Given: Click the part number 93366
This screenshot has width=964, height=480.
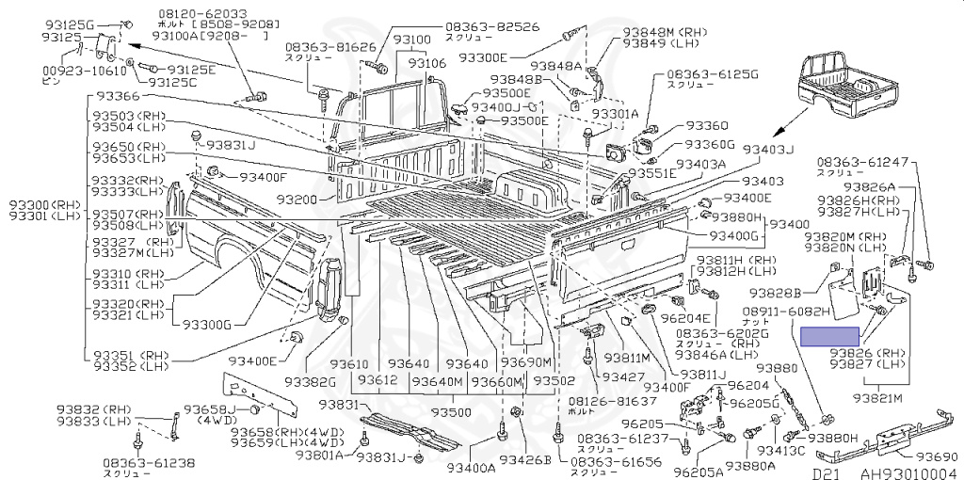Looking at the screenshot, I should [x=115, y=97].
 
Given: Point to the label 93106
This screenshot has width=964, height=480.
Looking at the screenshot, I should [x=426, y=63].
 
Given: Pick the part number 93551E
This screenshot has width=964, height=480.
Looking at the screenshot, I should [x=652, y=174].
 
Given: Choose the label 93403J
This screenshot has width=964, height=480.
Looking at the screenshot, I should [x=771, y=150].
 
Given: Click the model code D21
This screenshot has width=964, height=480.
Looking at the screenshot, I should [x=826, y=472].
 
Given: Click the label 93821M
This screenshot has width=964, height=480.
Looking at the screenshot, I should [x=878, y=398].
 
